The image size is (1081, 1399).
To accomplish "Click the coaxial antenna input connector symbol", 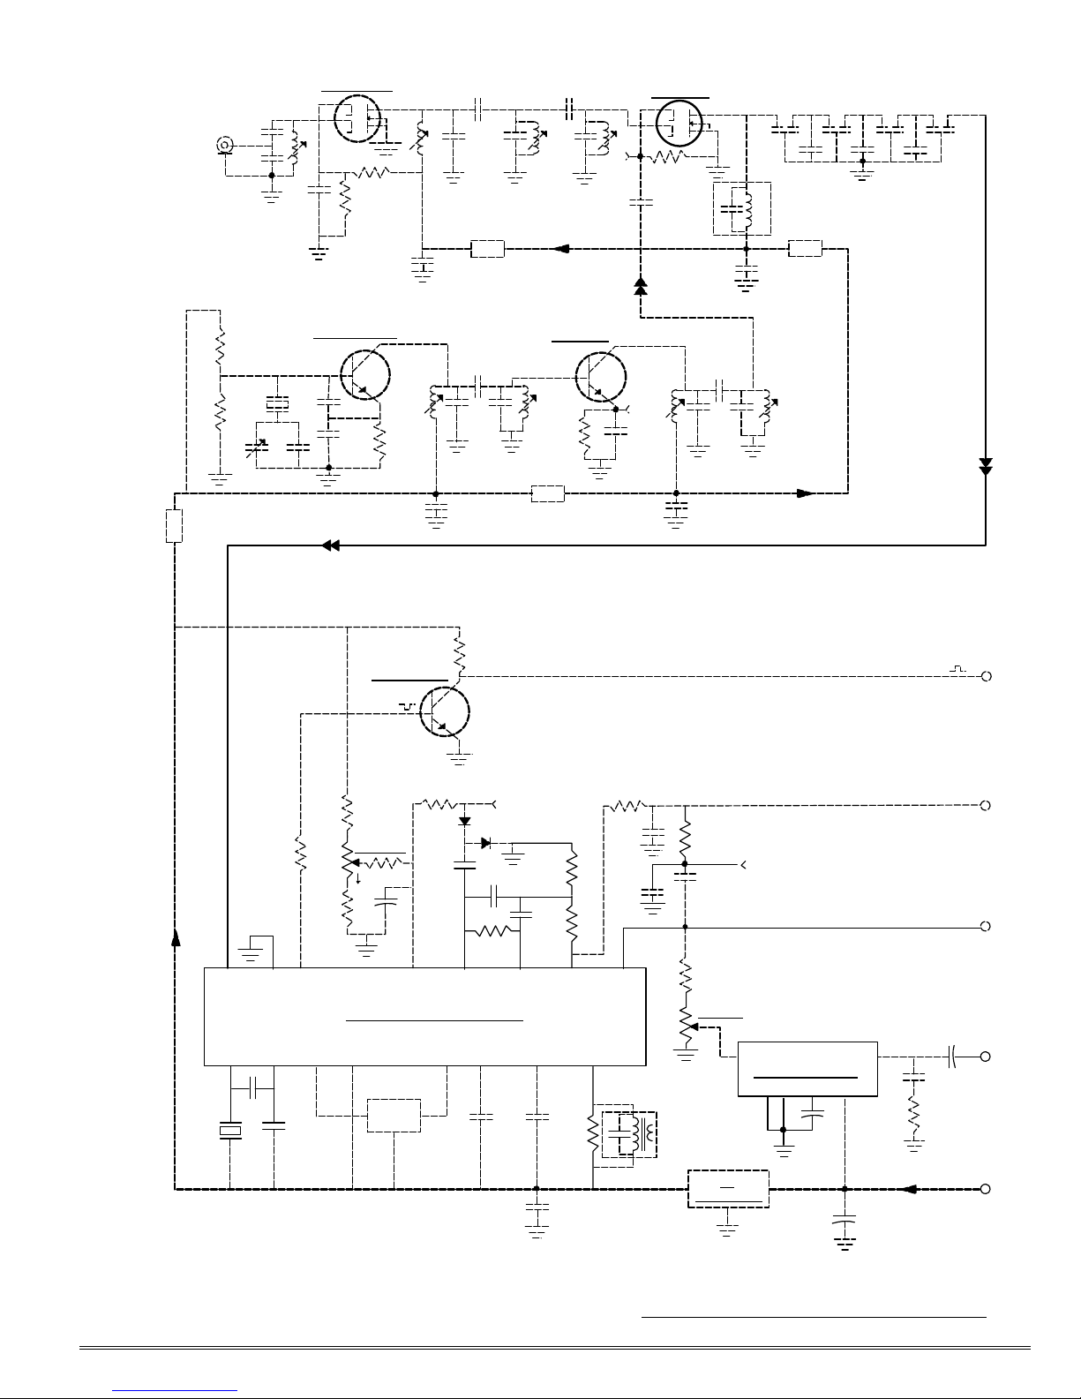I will point(226,145).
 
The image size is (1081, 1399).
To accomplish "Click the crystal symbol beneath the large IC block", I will point(229,1130).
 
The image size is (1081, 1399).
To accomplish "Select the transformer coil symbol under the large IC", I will point(631,1132).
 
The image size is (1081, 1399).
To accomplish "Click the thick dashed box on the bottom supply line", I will point(727,1189).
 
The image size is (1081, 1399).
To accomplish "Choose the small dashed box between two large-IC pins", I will point(394,1116).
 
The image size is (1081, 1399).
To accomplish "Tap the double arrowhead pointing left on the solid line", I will point(331,546).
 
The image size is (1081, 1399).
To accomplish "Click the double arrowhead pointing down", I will point(986,465).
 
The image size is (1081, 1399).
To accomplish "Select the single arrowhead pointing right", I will point(805,493).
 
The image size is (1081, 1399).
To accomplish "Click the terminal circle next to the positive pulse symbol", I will point(986,676).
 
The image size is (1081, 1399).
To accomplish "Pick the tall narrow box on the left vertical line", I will point(174,525).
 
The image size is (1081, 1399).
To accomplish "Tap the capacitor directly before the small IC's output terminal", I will point(954,1056).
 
